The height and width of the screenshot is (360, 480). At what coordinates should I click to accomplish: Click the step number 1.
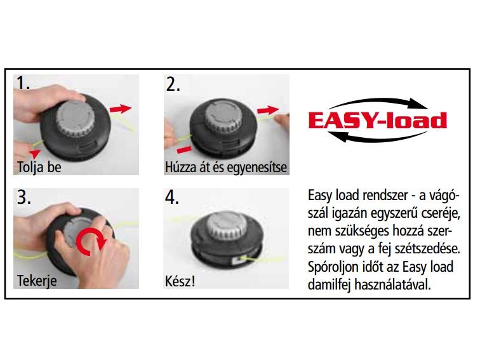tap(23, 83)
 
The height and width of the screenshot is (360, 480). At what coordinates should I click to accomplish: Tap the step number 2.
tap(173, 84)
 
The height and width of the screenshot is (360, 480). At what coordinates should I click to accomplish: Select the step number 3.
tap(23, 197)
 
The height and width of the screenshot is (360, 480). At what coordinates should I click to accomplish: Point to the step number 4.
tap(171, 197)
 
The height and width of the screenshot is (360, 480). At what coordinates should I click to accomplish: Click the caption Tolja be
tap(39, 168)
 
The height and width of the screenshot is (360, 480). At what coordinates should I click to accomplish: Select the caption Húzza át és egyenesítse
tap(226, 168)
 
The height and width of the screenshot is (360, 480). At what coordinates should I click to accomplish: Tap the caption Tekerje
tap(37, 281)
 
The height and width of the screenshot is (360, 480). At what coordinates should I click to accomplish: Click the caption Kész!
tap(180, 281)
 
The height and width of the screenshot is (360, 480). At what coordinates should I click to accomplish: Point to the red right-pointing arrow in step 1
tap(121, 109)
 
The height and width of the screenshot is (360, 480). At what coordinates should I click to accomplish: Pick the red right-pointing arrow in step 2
tap(268, 110)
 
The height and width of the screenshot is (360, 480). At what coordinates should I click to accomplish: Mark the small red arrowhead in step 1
tap(35, 153)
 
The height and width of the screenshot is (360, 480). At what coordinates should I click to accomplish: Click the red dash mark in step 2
tap(184, 150)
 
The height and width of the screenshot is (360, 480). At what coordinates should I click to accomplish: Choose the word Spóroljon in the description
tap(331, 267)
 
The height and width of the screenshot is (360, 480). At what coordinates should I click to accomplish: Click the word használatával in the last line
tap(392, 284)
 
